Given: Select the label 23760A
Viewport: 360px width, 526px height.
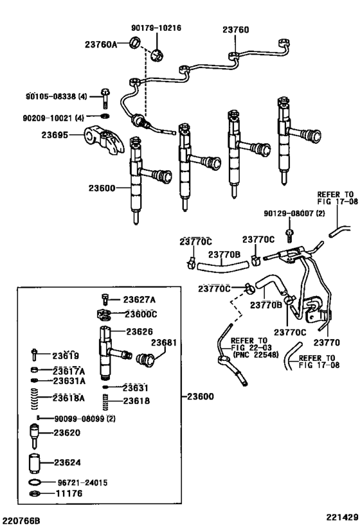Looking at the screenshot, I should click(101, 44).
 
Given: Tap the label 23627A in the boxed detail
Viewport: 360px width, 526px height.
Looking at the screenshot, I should click(139, 299).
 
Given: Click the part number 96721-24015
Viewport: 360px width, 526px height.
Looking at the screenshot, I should click(83, 482).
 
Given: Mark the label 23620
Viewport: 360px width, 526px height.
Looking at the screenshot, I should click(66, 433).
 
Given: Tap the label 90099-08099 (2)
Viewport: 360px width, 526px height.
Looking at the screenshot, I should click(85, 418).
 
